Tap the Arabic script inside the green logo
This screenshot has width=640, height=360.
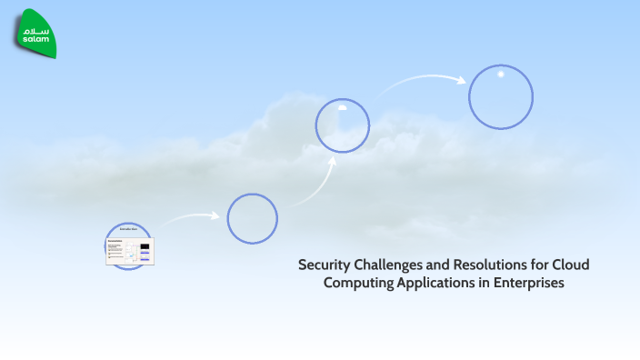point(37,30)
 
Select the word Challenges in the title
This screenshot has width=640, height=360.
point(393,265)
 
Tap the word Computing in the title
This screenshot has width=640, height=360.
point(358,284)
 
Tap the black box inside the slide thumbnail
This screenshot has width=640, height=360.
point(145,246)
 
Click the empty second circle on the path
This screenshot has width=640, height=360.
point(252,219)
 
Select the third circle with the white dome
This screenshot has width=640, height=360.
point(343,125)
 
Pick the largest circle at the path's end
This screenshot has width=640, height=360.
point(500,96)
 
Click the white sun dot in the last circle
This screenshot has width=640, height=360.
point(500,74)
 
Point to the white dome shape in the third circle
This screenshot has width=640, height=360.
point(343,107)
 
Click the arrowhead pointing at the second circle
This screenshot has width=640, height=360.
point(215,216)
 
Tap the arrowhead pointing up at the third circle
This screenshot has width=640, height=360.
point(333,161)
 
